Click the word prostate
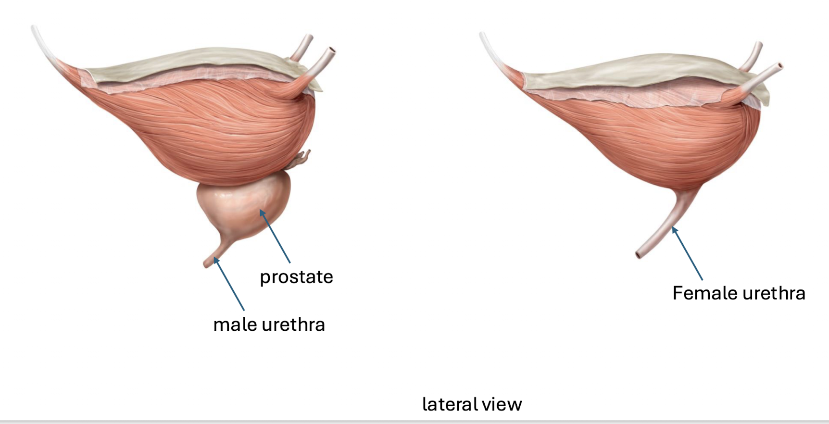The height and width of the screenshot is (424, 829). pos(296,277)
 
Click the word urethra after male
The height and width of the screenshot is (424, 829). pos(293,325)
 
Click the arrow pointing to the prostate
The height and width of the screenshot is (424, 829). pos(275,236)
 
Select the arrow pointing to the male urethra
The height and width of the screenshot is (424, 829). pos(229,284)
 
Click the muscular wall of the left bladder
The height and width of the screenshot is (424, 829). pos(207,125)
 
